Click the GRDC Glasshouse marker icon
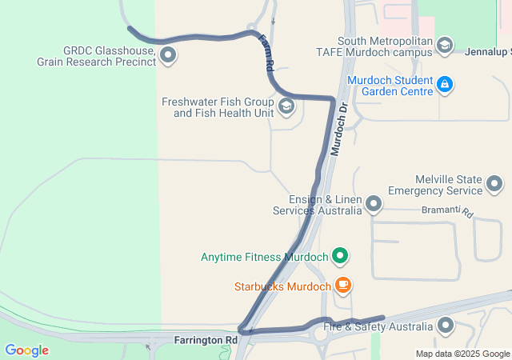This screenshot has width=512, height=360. (168, 55)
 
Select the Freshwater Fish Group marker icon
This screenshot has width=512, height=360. (286, 107)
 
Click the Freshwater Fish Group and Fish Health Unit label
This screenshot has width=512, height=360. (218, 107)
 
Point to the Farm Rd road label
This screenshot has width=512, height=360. (267, 54)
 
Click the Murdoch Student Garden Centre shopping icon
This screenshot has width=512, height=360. (446, 84)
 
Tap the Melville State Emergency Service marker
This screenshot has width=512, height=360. (494, 185)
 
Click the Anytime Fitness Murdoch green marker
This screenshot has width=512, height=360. (341, 257)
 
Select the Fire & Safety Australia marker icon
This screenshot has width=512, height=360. (445, 326)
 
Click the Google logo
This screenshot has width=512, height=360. (26, 350)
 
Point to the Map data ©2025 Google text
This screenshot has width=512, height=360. (462, 354)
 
